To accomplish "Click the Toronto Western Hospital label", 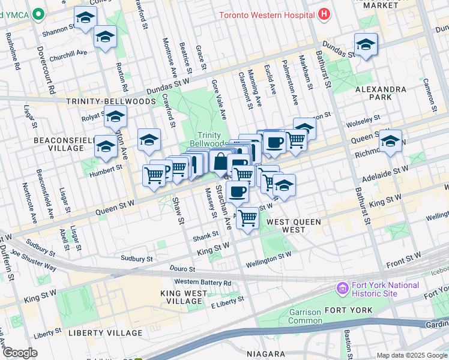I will tap(266, 13).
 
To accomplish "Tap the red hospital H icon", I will tap(324, 13).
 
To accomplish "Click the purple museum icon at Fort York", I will tap(343, 289).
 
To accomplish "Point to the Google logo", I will tap(20, 353).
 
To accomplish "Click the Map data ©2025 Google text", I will tap(411, 355).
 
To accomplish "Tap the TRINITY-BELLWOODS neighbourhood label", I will tap(111, 101).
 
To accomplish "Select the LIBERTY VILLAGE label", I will tap(106, 332).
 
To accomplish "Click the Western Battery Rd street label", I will tap(202, 283).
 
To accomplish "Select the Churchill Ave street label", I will tap(68, 52).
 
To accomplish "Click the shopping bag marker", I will tap(220, 161).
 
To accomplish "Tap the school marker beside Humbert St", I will tap(106, 146).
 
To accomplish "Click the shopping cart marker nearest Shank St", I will tap(247, 218).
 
